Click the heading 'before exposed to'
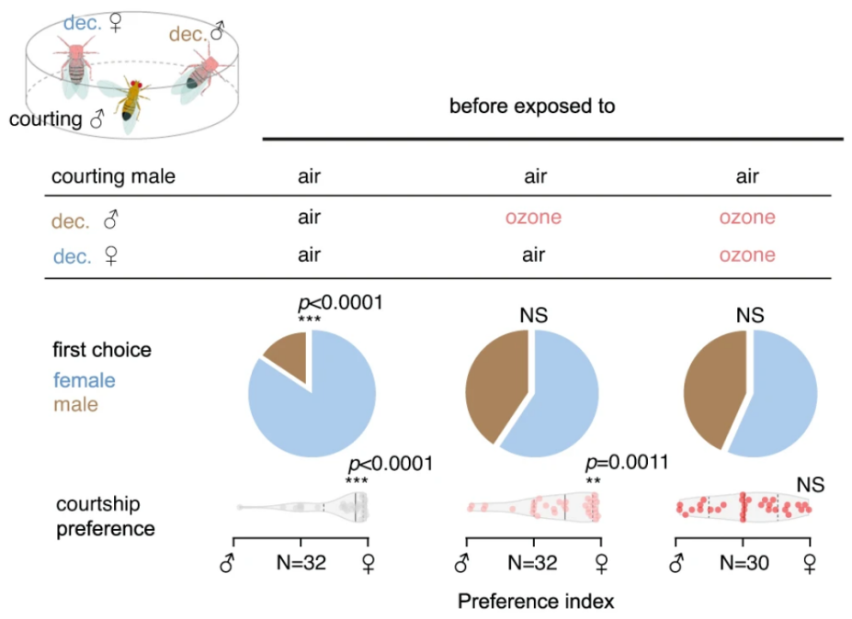[532, 107]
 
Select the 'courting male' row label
[113, 177]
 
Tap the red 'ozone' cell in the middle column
[532, 218]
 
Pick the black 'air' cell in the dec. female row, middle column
[532, 255]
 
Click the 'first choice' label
[101, 350]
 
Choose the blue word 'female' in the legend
[85, 379]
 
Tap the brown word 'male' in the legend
[75, 404]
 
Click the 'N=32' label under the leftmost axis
[301, 563]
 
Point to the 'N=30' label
[744, 563]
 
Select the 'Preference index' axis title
[535, 602]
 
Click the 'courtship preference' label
[104, 516]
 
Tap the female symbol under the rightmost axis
[810, 563]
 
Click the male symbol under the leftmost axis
[227, 563]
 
